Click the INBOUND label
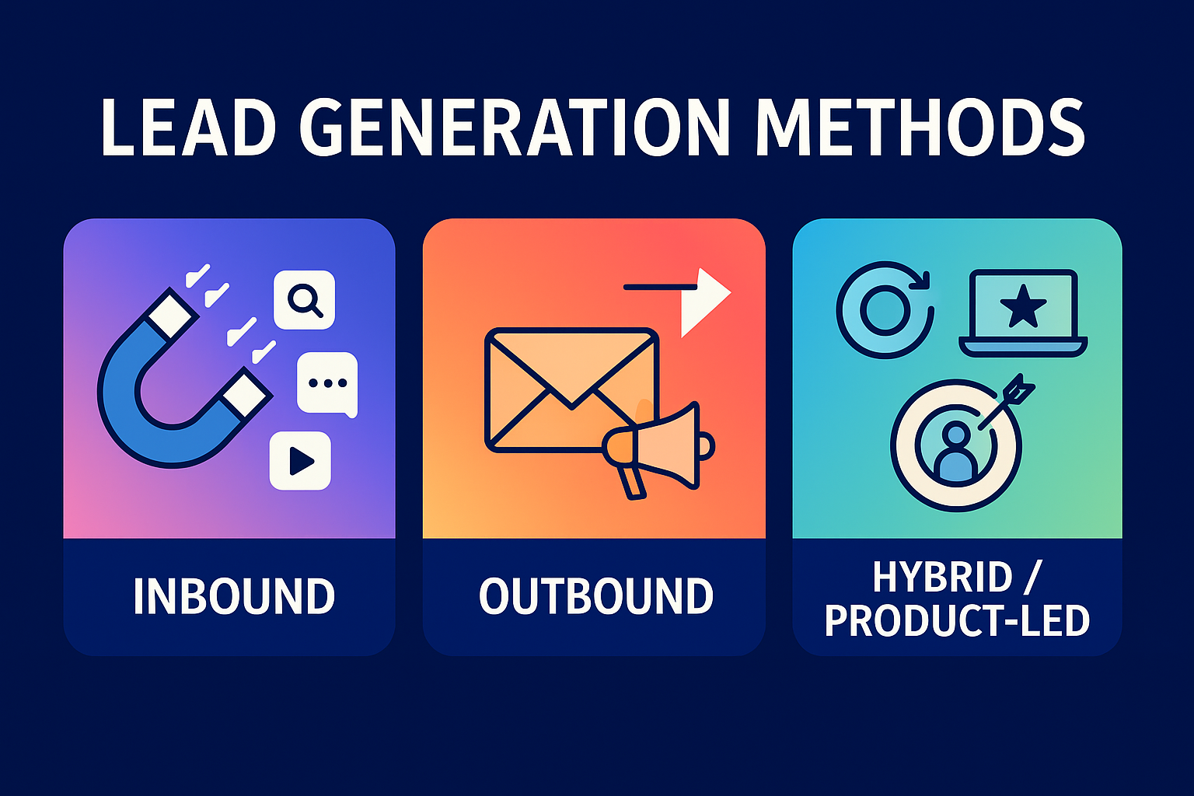pos(233,597)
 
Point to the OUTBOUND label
pos(595,597)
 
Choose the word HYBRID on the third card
pos(942,578)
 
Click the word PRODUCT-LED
pos(957,621)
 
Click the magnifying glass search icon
pos(304,299)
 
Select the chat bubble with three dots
pos(327,383)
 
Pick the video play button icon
pos(300,461)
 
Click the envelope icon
pos(571,389)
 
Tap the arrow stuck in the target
pos(1007,400)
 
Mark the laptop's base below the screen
pos(1023,347)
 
